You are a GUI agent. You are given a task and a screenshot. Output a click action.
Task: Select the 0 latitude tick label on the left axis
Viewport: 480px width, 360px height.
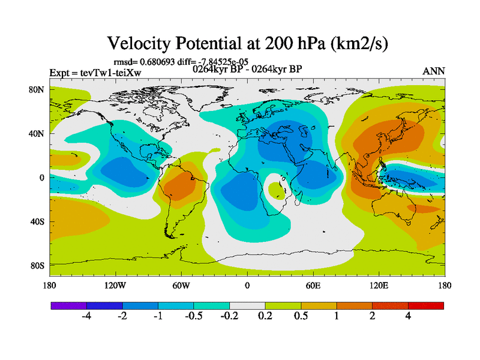(42, 178)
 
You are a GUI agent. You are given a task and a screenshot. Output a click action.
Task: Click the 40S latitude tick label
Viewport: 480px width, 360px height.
(38, 221)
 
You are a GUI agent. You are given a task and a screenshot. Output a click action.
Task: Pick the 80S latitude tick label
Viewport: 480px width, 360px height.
(38, 265)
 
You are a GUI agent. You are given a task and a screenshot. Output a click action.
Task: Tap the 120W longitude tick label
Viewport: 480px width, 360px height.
(115, 286)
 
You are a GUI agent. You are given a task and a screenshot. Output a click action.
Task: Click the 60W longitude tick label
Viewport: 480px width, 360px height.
(181, 286)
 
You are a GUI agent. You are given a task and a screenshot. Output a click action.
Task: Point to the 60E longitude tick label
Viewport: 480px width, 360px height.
(313, 286)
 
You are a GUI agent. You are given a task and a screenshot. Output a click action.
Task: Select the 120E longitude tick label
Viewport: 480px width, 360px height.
(379, 286)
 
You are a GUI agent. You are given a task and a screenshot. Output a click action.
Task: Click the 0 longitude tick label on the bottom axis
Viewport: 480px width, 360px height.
(247, 286)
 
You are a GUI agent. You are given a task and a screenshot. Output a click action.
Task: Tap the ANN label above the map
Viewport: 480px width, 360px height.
(434, 71)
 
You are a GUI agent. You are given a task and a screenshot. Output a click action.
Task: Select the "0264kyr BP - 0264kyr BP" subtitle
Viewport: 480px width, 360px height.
(247, 69)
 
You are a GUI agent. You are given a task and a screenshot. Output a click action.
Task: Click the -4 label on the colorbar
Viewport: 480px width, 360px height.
(86, 317)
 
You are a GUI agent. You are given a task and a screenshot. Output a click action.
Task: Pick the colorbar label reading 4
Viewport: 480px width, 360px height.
(408, 317)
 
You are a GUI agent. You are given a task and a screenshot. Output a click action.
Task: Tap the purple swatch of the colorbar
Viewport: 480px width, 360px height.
(68, 306)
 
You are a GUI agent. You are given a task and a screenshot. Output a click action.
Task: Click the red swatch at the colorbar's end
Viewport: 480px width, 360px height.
(426, 306)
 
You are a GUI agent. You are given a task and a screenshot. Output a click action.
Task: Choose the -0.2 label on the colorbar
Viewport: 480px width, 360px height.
(229, 317)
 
